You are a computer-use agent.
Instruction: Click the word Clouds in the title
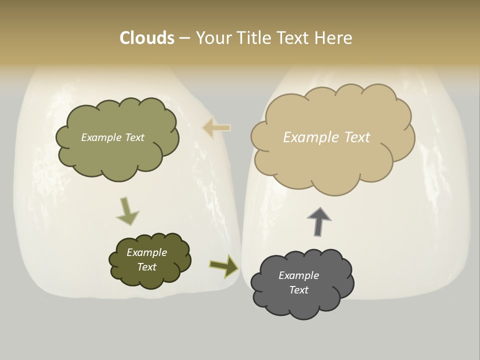click(x=146, y=38)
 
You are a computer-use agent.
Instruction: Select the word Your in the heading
click(x=213, y=38)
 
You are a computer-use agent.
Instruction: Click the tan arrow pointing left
click(x=216, y=128)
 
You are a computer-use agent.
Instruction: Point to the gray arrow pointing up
click(x=319, y=220)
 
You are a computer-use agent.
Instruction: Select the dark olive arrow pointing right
click(x=223, y=265)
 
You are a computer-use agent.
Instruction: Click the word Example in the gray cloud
click(x=298, y=275)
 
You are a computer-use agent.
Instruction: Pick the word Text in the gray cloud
click(x=298, y=290)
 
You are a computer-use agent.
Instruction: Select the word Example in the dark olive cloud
click(x=146, y=252)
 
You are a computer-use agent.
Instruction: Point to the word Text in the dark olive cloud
click(x=146, y=267)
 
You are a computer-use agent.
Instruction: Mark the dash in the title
click(x=184, y=38)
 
